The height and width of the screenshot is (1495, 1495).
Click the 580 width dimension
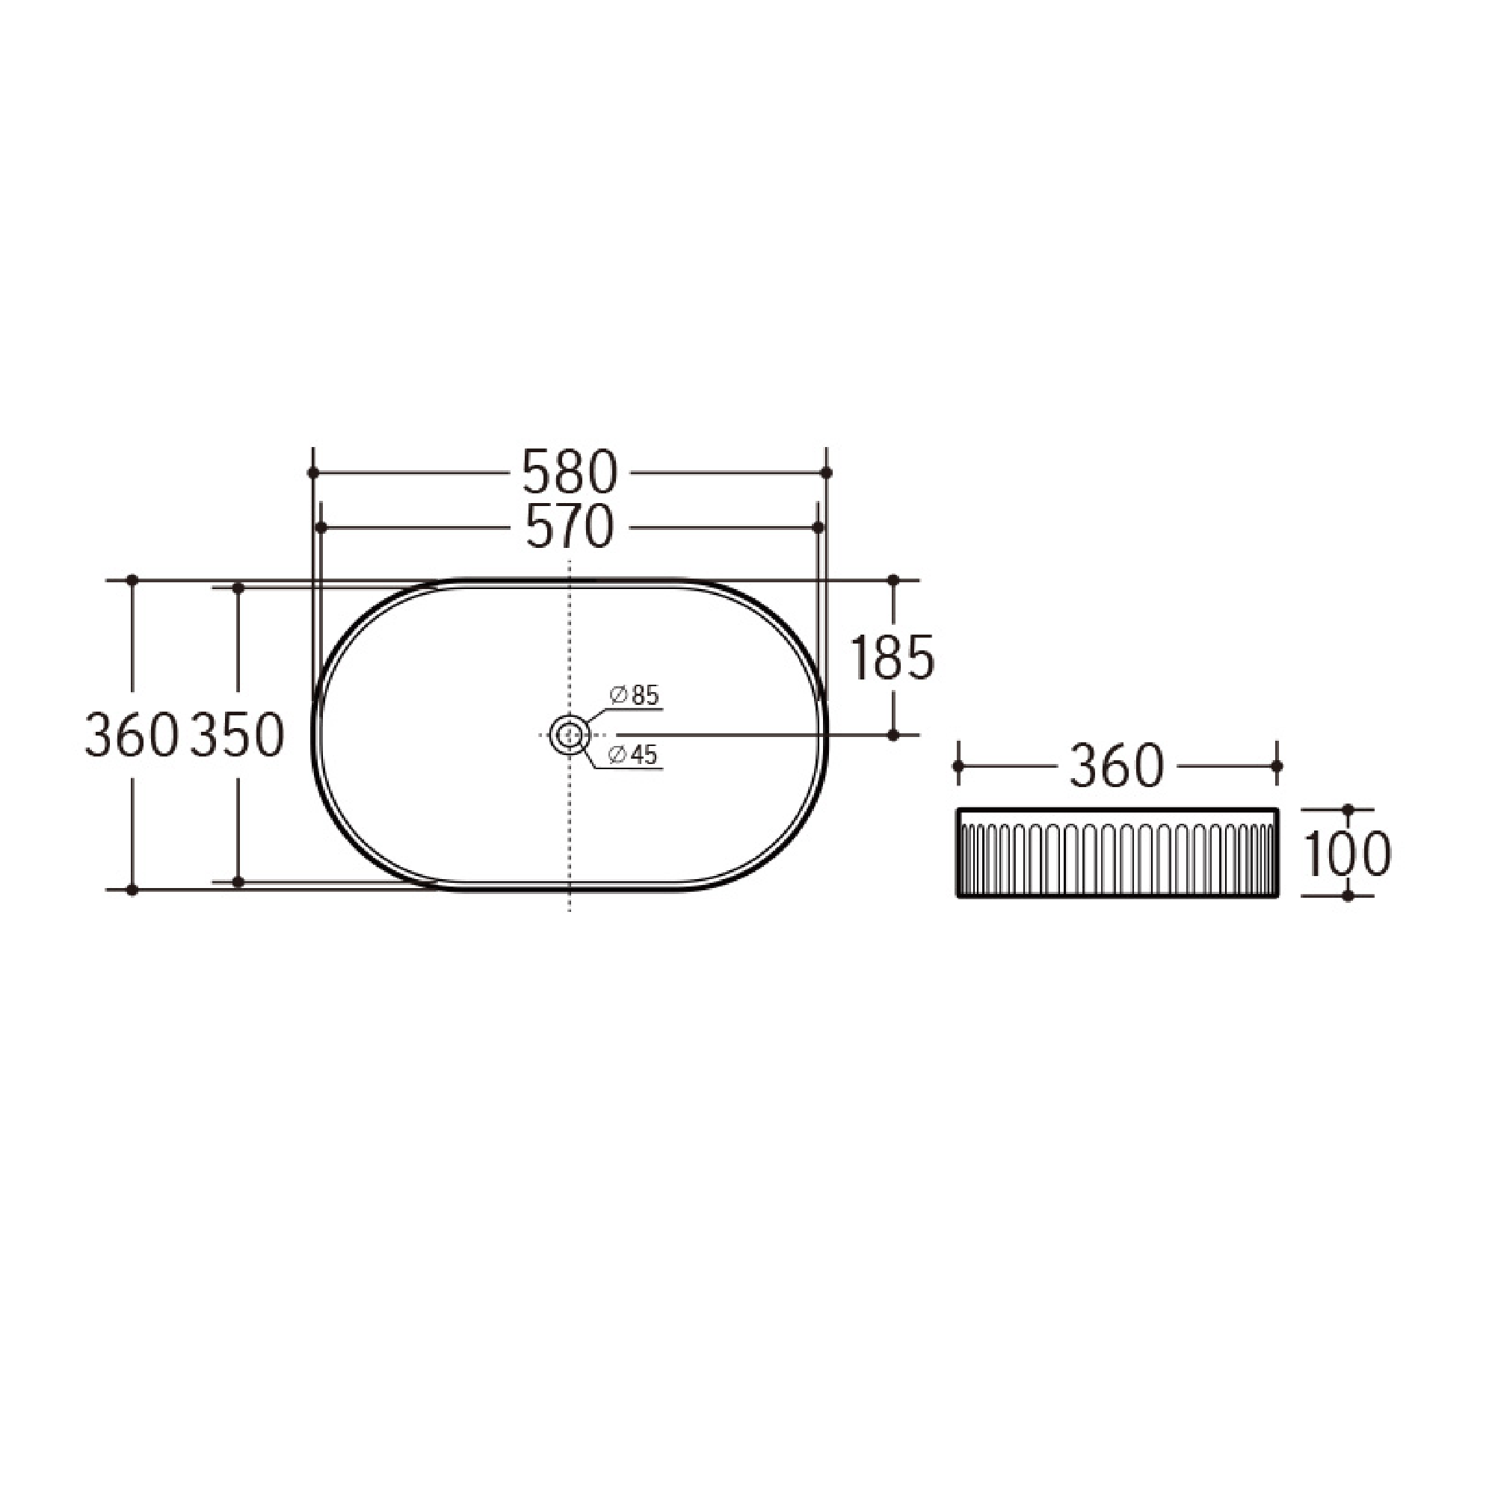pos(570,473)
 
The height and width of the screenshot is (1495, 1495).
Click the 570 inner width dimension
pos(570,528)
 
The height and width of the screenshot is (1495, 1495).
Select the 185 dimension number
pos(893,659)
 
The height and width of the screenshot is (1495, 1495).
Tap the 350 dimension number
pos(238,735)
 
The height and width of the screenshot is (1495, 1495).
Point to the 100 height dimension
pos(1347,854)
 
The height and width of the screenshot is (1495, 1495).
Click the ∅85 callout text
pos(635,696)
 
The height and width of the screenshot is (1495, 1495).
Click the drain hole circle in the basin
pos(570,734)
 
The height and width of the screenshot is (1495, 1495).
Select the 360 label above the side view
pos(1116,767)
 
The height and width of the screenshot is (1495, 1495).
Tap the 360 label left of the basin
pos(132,735)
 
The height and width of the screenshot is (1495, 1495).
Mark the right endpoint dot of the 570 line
pos(819,528)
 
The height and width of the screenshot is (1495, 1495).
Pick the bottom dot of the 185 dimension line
pos(893,735)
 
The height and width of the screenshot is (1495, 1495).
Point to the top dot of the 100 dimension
pos(1348,810)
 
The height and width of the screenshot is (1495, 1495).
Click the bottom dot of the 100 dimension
pos(1348,896)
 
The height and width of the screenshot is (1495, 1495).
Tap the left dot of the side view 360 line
pos(959,766)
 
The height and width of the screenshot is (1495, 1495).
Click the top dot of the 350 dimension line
pos(238,588)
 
